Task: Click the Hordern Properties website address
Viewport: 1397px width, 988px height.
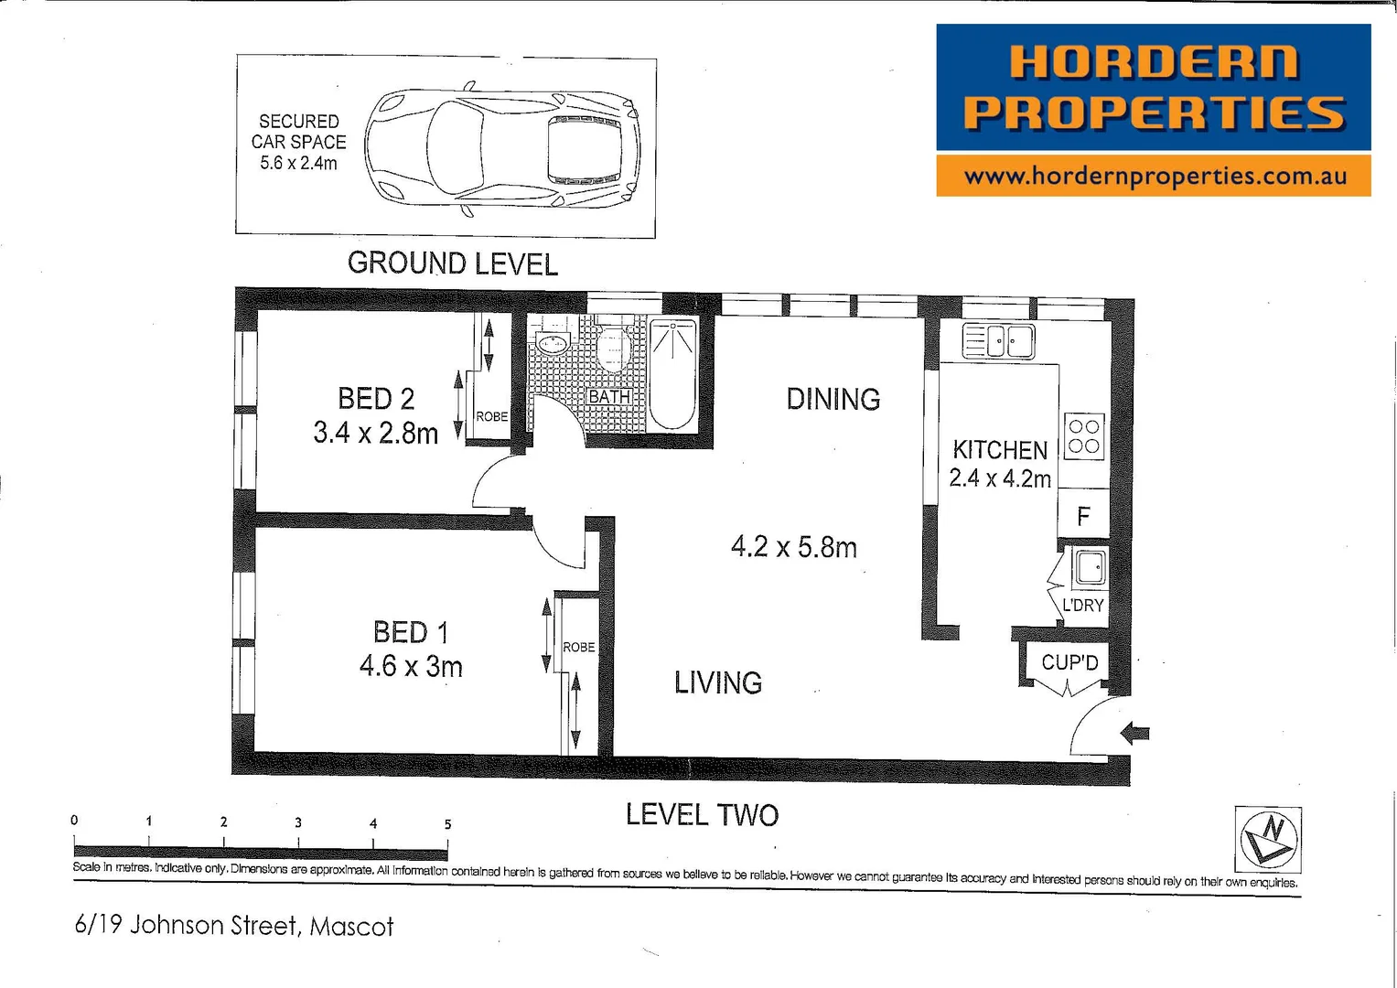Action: [1154, 176]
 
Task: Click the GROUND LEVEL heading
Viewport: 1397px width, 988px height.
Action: [452, 263]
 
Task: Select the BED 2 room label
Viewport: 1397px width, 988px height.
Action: [375, 399]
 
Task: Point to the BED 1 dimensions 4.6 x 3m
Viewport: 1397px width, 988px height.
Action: [411, 667]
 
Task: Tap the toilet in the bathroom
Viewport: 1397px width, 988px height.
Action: [612, 348]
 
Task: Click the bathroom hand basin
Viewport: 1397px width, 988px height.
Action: [553, 344]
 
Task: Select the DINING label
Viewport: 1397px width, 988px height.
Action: [833, 399]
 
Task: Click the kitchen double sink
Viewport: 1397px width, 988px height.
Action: [998, 341]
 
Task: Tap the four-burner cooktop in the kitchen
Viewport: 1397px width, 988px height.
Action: [1084, 436]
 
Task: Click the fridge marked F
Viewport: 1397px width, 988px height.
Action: [1083, 517]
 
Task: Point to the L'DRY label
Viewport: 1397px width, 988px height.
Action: [1082, 606]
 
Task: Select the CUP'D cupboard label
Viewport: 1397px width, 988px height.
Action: [1069, 662]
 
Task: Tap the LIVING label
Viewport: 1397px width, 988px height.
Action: [717, 682]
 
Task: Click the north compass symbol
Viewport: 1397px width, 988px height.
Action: [1267, 838]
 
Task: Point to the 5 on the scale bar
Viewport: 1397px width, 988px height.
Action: [447, 824]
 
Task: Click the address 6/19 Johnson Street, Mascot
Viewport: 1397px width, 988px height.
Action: [233, 926]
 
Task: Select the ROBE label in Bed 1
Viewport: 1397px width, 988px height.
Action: [578, 647]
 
